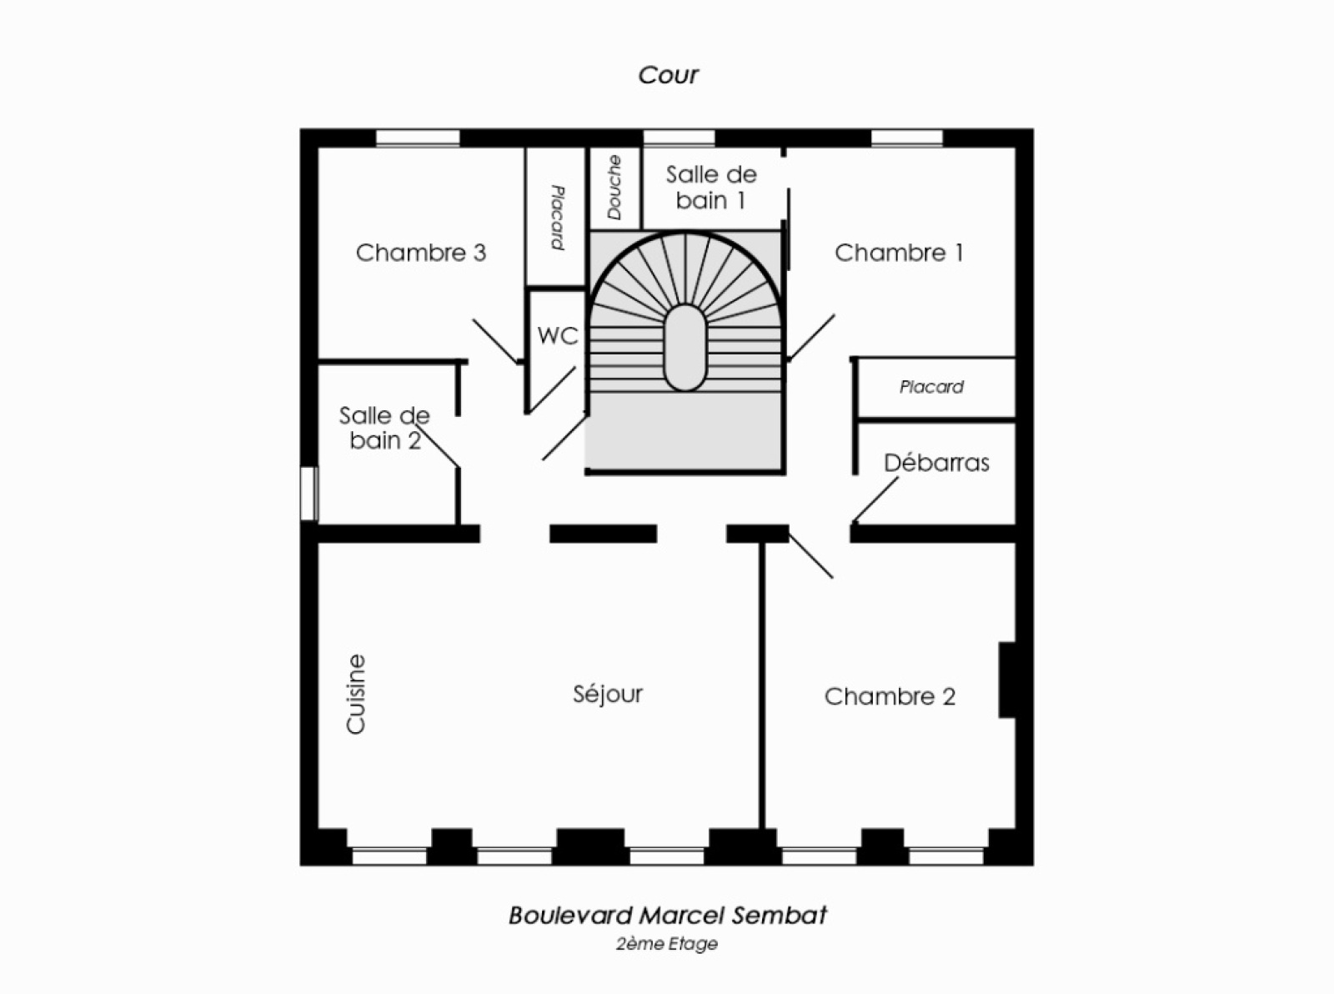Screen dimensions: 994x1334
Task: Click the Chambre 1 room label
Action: click(899, 253)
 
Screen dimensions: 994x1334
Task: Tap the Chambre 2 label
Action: click(890, 696)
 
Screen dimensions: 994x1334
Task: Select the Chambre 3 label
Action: click(420, 253)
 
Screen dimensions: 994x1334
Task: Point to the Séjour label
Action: click(608, 694)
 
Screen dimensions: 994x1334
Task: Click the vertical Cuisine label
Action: click(356, 694)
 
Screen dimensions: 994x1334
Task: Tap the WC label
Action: click(558, 336)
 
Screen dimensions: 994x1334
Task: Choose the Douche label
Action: click(614, 188)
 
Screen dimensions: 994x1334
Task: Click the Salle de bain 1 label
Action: click(711, 188)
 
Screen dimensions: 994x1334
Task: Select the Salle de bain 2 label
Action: click(384, 428)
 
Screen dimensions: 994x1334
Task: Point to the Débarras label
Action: click(936, 463)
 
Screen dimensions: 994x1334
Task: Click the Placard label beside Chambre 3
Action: click(557, 218)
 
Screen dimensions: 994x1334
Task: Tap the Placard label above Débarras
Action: click(931, 387)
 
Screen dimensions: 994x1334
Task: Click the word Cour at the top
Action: click(668, 75)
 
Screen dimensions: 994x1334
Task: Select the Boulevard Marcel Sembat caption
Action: click(668, 916)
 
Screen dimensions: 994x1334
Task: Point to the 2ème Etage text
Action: click(667, 944)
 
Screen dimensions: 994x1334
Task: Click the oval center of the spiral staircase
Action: click(685, 348)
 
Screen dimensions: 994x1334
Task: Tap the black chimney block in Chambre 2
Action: click(1007, 680)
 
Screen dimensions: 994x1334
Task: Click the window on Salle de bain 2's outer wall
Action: click(309, 494)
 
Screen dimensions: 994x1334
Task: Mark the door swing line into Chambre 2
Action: click(810, 555)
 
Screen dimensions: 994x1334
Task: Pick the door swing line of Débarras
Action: click(875, 500)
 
